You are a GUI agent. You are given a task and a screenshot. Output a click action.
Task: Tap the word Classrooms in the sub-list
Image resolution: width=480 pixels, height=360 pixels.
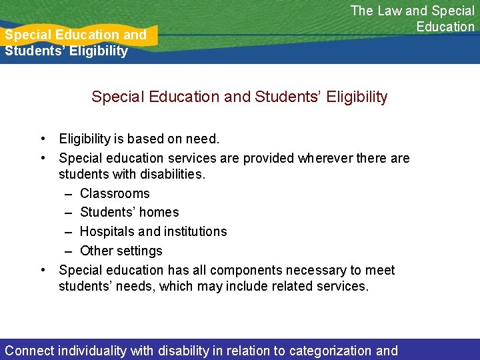115,193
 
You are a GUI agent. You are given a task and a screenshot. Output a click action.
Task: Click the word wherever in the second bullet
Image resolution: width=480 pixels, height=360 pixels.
327,158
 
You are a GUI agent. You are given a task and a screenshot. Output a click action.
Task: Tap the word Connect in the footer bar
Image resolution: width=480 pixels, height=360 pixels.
30,351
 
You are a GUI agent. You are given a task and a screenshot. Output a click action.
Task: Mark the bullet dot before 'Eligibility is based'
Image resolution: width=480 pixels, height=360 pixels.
43,139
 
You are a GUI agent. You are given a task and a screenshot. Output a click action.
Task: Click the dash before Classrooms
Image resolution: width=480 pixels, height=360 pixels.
69,193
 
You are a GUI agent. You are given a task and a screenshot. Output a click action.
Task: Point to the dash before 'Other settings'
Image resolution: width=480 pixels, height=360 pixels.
69,251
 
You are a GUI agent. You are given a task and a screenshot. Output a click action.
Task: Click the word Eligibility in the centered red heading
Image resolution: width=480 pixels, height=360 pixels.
353,97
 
